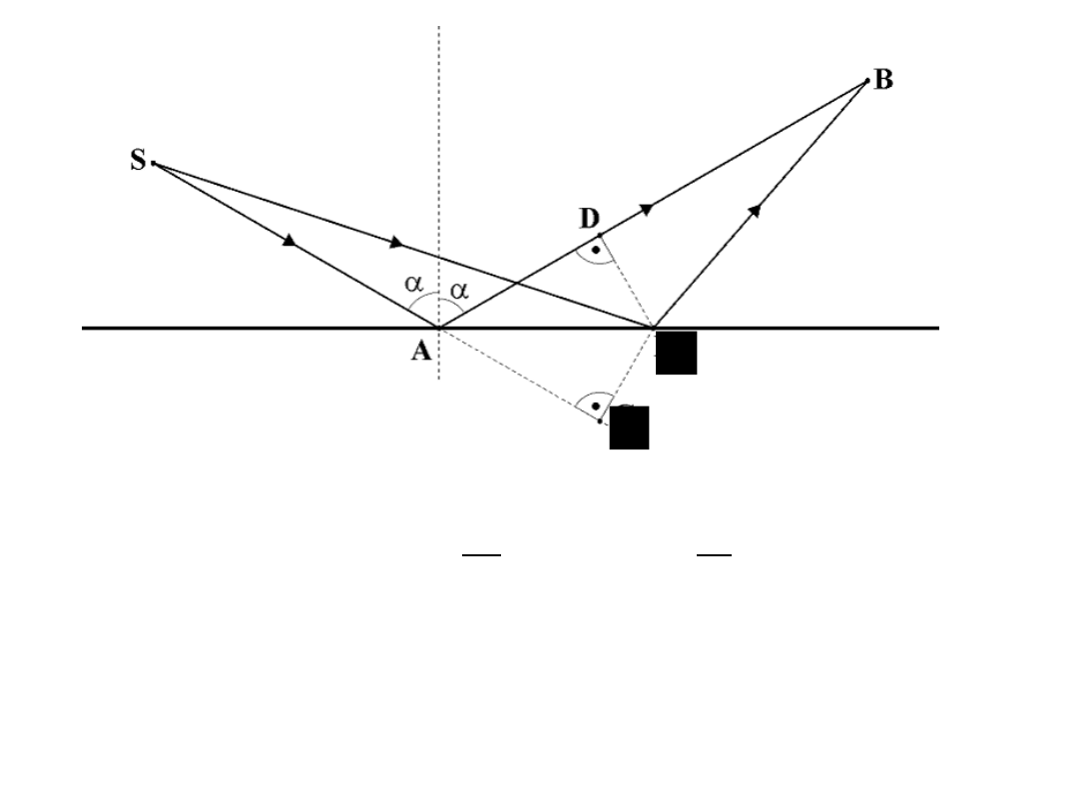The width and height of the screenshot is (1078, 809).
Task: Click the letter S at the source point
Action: tap(138, 160)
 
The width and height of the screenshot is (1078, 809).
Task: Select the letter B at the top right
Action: tap(883, 81)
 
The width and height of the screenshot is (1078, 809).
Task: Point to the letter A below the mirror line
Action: tap(421, 351)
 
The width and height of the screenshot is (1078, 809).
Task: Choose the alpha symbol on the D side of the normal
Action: tap(458, 290)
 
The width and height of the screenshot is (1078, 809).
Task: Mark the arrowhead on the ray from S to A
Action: tap(289, 240)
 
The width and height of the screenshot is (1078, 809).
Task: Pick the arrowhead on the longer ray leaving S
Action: tap(396, 242)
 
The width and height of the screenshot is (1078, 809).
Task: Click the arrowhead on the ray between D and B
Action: tap(647, 209)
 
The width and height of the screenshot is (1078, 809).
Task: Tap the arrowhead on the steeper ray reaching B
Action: tap(755, 210)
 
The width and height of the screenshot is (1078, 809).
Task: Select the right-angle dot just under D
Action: tap(596, 250)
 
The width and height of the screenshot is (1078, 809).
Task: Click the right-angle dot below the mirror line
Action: tap(595, 406)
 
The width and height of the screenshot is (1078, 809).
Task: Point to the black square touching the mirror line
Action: tap(676, 354)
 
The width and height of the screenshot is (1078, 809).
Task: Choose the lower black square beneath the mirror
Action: tap(629, 427)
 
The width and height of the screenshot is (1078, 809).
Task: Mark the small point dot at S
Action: tap(153, 163)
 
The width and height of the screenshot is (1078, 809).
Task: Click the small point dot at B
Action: tap(867, 81)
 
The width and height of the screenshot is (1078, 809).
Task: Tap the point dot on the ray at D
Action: tap(599, 235)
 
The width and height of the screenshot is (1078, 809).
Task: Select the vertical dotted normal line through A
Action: tap(438, 150)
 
